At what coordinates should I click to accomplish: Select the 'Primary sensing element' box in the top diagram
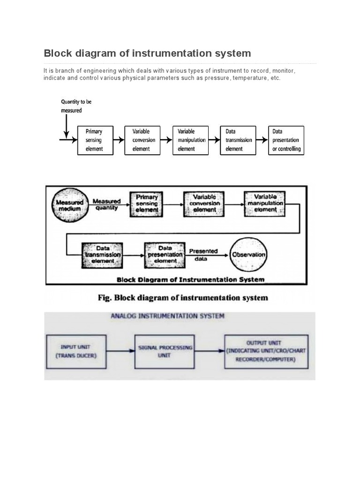click(x=97, y=140)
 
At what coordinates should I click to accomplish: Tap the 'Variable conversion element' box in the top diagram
click(x=142, y=140)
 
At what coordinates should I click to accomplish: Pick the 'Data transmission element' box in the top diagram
click(x=238, y=140)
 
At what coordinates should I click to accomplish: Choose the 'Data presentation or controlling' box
click(x=286, y=140)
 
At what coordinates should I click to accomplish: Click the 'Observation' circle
click(x=248, y=255)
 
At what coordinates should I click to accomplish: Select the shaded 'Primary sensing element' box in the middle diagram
click(x=146, y=204)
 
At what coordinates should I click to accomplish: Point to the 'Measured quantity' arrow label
click(x=106, y=204)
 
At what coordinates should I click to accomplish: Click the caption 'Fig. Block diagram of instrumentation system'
click(x=183, y=298)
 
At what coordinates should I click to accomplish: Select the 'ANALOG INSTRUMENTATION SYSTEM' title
click(x=167, y=316)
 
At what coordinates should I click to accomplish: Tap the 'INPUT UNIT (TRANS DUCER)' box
click(x=76, y=351)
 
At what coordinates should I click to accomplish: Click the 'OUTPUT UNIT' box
click(x=266, y=351)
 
